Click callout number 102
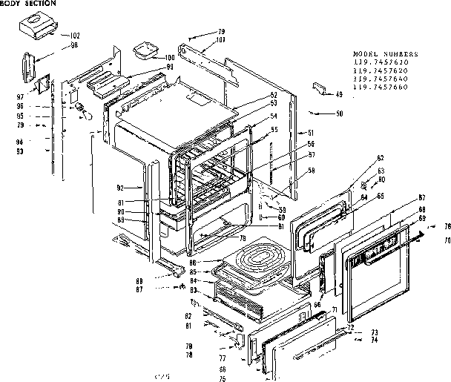click(75, 36)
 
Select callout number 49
click(339, 94)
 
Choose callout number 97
click(21, 96)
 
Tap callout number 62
click(359, 158)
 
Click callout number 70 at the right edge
click(447, 241)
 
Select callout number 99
click(170, 67)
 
